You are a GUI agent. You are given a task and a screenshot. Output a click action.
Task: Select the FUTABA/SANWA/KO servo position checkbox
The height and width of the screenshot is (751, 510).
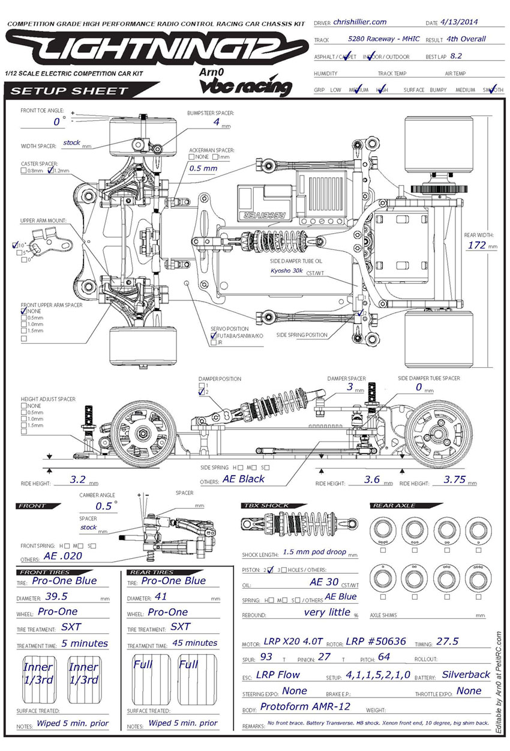(214, 336)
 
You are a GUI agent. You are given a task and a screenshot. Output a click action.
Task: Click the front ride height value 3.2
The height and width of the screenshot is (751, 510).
(77, 480)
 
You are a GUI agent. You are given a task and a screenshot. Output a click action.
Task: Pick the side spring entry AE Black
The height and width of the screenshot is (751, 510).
(243, 479)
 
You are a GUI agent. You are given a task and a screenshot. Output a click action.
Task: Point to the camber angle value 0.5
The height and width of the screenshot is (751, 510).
(104, 506)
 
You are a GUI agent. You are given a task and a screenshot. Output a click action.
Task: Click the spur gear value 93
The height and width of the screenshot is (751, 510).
(266, 657)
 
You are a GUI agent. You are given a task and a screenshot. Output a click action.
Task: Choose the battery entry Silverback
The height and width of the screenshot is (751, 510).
(466, 674)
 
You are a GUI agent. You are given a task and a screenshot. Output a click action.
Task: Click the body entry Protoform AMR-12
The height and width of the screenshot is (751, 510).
(304, 707)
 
